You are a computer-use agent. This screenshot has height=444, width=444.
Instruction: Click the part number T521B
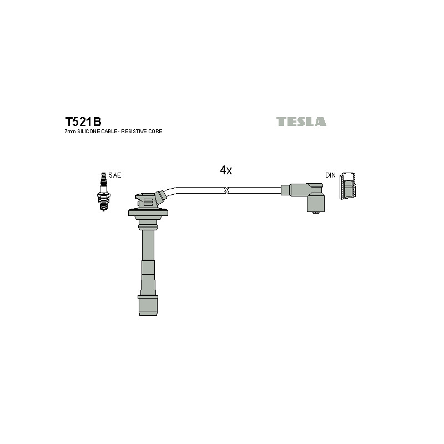tap(83, 122)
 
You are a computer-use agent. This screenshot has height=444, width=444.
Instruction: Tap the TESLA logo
tap(301, 122)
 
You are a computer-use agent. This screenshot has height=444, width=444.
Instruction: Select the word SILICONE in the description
tap(89, 132)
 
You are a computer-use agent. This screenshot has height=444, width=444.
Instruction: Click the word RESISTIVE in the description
tap(133, 132)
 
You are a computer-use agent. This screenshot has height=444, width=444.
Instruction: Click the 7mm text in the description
tap(70, 132)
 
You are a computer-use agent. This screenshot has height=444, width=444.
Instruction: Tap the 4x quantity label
tap(226, 170)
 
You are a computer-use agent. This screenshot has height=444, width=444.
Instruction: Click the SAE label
tap(115, 175)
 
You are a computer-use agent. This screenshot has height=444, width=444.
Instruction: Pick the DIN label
tap(330, 175)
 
